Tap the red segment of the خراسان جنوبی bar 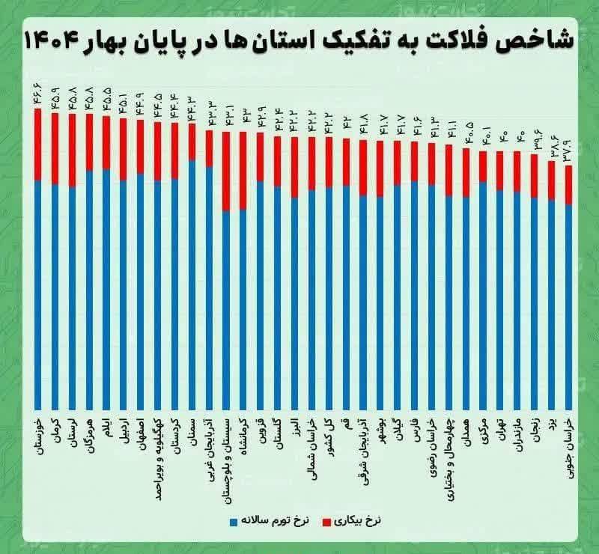click(568, 184)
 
